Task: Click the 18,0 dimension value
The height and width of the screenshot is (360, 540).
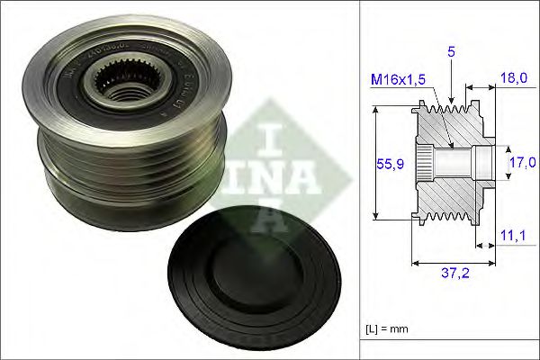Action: tap(513, 79)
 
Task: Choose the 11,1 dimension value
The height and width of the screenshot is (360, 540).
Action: tap(513, 235)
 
